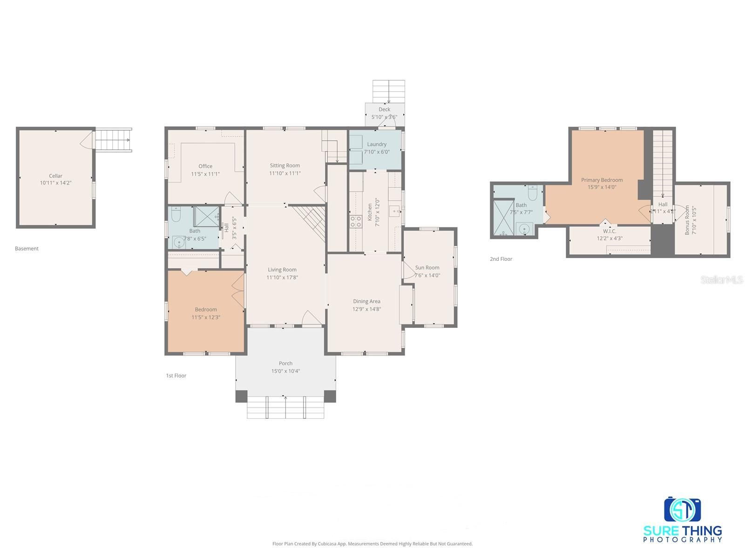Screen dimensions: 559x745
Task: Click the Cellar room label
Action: (55, 176)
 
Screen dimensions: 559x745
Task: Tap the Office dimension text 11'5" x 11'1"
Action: (205, 174)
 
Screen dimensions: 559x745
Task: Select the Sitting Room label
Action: (284, 165)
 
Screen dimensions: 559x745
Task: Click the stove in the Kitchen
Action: (356, 222)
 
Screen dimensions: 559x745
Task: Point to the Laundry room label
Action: (377, 144)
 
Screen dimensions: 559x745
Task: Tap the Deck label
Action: (384, 109)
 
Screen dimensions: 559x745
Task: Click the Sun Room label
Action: (427, 267)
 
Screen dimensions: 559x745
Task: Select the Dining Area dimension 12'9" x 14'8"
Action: (366, 309)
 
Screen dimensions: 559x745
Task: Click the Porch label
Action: (285, 363)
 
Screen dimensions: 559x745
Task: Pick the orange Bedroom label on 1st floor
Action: (206, 309)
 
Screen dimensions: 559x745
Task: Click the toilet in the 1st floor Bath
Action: (176, 215)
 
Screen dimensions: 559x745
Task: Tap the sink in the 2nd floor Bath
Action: (525, 229)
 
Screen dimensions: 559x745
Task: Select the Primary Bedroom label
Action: (602, 180)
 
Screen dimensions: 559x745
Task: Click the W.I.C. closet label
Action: (610, 231)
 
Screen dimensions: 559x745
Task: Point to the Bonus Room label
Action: (687, 220)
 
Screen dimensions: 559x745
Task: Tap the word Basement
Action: (27, 248)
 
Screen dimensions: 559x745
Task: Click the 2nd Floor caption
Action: (501, 259)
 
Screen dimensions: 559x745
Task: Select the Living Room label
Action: (282, 269)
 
